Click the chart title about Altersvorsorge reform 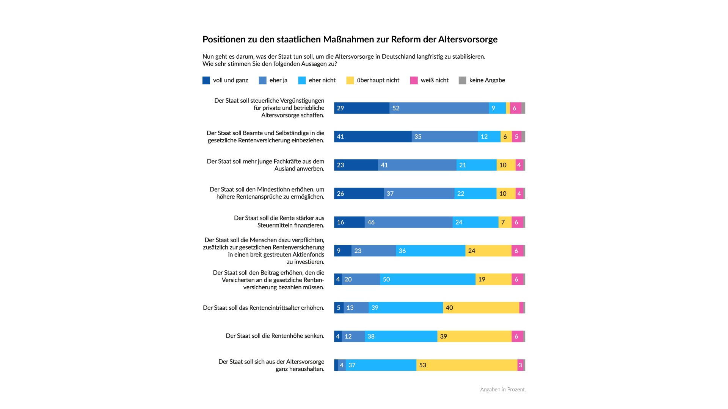coord(350,39)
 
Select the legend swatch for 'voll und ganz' coord(206,80)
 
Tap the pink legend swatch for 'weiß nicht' coord(414,80)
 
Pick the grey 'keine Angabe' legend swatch coord(462,80)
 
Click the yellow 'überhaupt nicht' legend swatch coord(350,80)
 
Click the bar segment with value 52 coord(439,108)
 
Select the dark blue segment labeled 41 coord(373,137)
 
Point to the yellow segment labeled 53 coord(467,365)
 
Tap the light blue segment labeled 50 coord(428,279)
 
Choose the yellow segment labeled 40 coord(481,308)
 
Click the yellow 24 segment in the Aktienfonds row coord(488,251)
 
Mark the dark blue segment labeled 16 coord(349,222)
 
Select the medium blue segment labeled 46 coord(408,222)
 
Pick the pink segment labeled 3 coord(520,365)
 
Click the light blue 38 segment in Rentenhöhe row coord(401,336)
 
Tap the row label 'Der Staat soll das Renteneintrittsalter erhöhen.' coord(264,308)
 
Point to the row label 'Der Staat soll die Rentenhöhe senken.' coord(275,336)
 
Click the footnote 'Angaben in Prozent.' coord(503,390)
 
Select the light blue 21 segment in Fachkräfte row coord(476,165)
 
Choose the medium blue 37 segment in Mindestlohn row coord(419,194)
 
